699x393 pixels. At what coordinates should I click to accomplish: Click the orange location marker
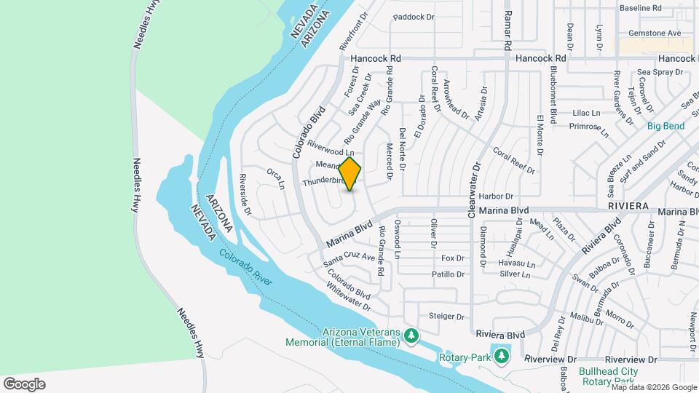350,174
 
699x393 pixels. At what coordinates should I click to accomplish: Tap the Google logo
24,384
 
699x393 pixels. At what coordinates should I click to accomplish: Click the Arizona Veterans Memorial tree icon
412,336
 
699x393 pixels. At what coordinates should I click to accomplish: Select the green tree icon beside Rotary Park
501,356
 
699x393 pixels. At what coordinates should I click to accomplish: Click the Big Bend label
666,126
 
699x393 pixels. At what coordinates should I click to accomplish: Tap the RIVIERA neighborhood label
627,206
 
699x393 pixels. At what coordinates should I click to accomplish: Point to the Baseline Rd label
640,8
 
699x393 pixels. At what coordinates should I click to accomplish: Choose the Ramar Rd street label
508,30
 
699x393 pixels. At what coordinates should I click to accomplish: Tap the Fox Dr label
453,258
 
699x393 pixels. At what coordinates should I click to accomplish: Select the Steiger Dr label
446,317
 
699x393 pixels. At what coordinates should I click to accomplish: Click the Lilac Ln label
586,113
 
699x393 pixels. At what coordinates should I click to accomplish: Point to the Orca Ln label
275,178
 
